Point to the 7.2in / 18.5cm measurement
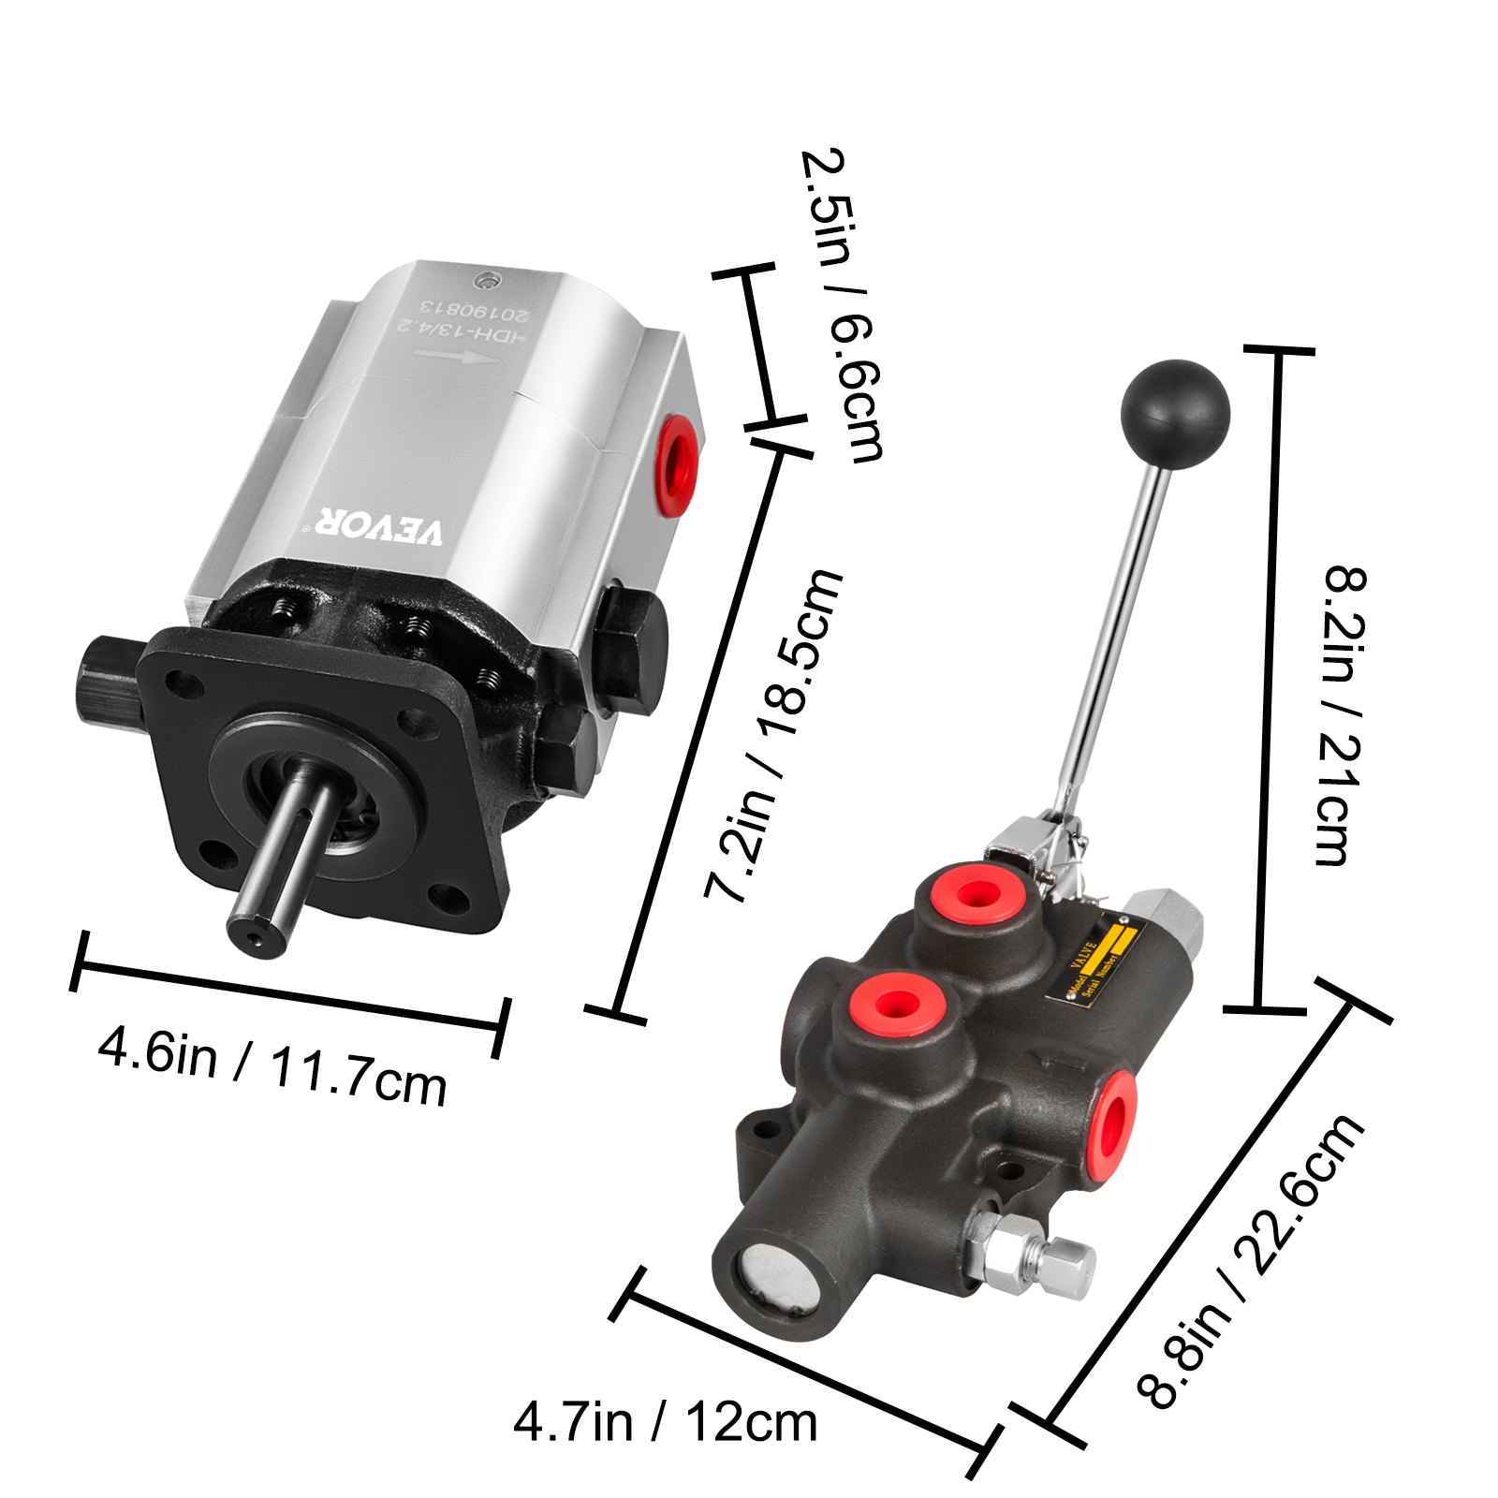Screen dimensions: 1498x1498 pos(773,734)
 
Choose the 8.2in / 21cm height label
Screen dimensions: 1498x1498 pos(1344,715)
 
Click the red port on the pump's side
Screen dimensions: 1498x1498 pos(676,463)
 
